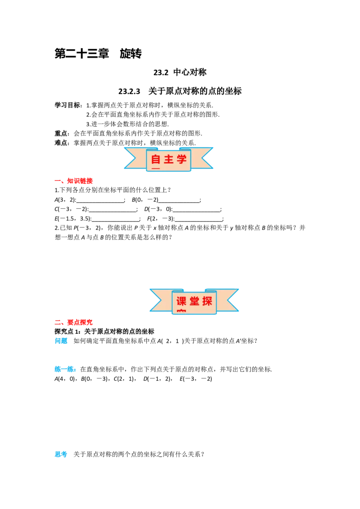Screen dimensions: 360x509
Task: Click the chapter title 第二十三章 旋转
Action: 98,54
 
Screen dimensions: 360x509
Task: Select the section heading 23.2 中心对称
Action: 180,72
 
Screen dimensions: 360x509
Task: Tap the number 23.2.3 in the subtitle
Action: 129,91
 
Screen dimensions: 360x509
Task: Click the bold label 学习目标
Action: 67,105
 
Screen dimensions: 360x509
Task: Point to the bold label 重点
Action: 61,133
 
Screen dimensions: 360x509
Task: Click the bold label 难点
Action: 61,143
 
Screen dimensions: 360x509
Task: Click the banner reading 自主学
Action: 169,159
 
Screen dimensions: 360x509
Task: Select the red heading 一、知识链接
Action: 74,181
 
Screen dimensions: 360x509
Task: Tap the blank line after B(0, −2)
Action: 179,202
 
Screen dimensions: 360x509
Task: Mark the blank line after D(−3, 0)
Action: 197,211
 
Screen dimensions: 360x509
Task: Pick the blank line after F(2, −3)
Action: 199,221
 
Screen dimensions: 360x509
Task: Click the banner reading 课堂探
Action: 194,301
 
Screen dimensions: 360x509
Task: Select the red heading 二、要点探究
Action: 74,322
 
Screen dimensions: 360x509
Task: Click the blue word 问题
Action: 61,341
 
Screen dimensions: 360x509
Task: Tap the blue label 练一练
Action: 65,369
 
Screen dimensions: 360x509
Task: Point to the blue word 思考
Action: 61,454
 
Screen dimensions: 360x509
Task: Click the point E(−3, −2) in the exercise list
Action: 196,379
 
